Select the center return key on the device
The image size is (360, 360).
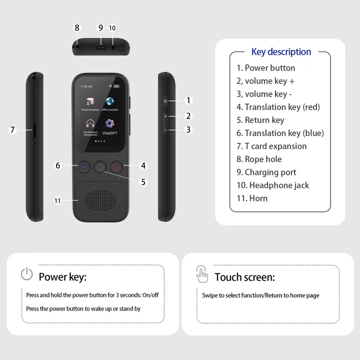(x=100, y=167)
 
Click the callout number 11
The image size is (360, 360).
(x=57, y=200)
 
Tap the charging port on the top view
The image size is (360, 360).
(x=100, y=47)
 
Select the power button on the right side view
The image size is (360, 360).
(x=165, y=101)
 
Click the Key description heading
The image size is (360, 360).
(x=281, y=52)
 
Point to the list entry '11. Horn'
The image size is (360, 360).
(x=252, y=198)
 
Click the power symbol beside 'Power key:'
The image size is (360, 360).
(x=26, y=274)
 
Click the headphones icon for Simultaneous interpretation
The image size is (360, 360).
(x=90, y=123)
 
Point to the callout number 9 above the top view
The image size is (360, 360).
(x=100, y=28)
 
